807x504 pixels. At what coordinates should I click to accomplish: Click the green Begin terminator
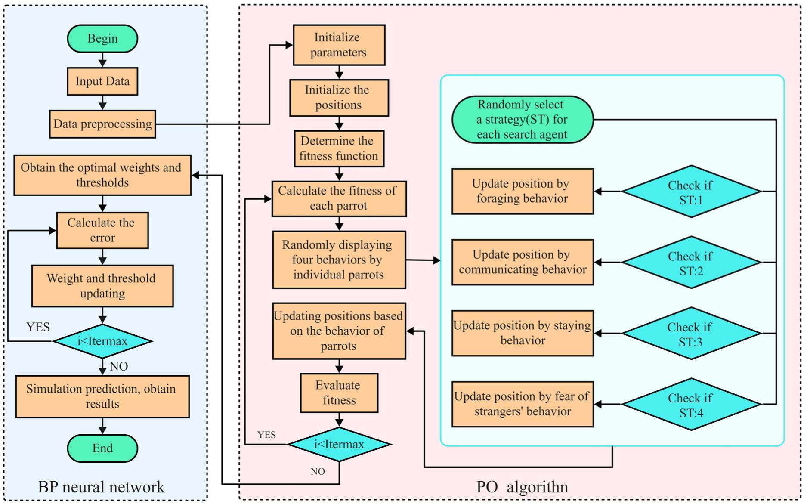coord(102,38)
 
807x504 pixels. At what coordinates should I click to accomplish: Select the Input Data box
coord(102,81)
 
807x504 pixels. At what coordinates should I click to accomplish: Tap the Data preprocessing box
coord(102,124)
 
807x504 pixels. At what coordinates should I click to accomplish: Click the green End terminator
coord(102,448)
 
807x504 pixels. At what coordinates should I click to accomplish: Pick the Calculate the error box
coord(102,230)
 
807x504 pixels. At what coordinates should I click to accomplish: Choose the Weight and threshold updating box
coord(102,286)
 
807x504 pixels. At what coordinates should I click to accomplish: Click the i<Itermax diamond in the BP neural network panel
coord(102,341)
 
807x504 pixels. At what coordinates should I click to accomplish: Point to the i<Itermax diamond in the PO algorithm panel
coord(339,444)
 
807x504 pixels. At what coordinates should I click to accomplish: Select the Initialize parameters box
coord(339,45)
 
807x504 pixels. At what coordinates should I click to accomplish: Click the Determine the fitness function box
coord(339,148)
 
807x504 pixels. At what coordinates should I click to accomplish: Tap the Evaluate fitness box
coord(339,393)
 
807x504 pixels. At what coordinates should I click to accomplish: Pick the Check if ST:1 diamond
coord(691,192)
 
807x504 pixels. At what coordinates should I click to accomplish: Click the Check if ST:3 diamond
coord(691,333)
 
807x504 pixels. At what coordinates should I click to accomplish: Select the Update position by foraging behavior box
coord(523,191)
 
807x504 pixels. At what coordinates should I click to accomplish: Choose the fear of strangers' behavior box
coord(523,404)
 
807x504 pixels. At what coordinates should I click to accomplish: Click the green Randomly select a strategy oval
coord(523,119)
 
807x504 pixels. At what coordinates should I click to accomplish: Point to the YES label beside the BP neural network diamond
coord(38,327)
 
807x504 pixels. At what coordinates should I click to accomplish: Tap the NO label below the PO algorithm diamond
coord(318,471)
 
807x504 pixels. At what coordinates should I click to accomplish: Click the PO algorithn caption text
coord(522,487)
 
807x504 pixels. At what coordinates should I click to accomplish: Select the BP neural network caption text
coord(101,487)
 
